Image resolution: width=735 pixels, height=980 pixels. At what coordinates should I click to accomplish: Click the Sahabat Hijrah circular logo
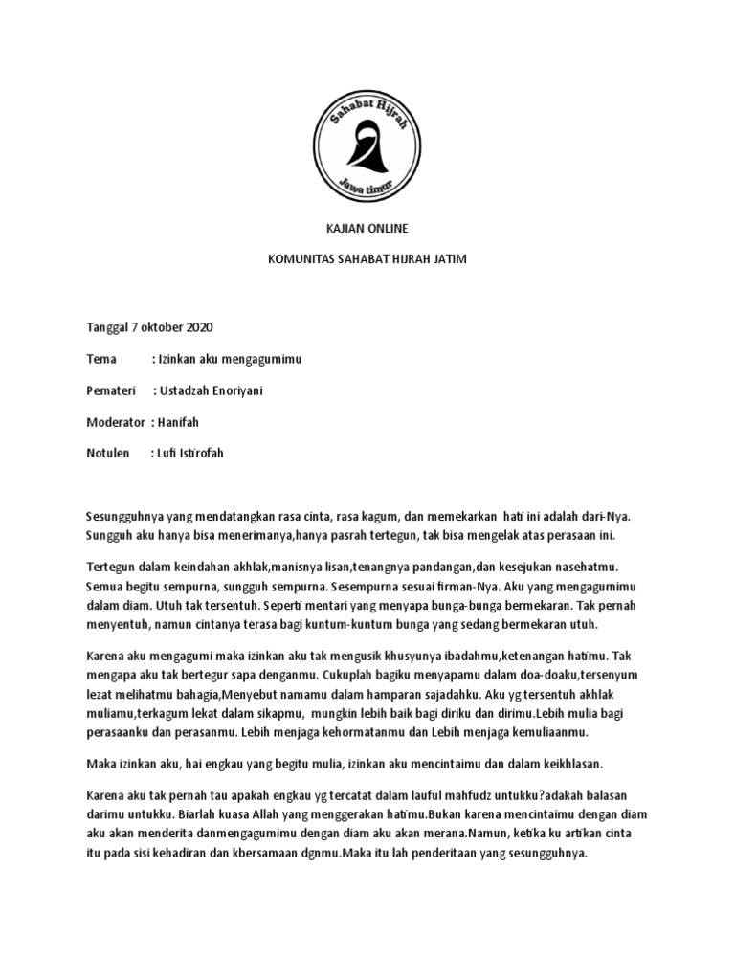(367, 141)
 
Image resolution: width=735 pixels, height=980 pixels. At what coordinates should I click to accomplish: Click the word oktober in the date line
(163, 327)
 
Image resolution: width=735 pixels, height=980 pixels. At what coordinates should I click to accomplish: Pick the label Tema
(100, 359)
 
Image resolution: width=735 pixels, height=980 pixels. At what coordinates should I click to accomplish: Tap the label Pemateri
(111, 390)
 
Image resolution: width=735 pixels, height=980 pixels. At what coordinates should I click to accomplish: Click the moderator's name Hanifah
(183, 422)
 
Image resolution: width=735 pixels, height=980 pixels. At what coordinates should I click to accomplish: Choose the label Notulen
(107, 454)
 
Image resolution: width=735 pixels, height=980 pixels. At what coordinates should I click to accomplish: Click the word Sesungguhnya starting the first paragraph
(127, 517)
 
